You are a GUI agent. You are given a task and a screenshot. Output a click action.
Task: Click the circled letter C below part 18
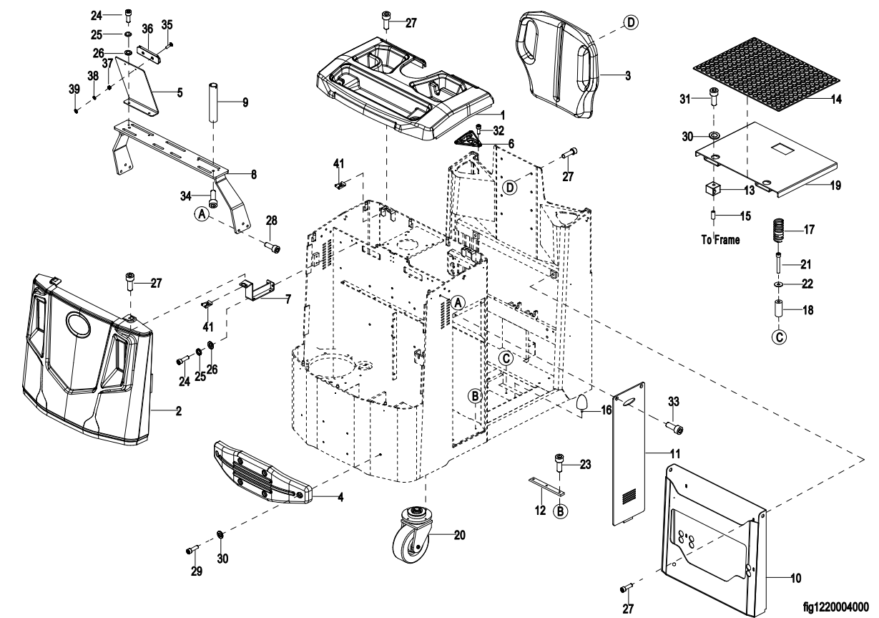click(780, 336)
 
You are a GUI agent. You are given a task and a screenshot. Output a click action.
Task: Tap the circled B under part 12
click(561, 512)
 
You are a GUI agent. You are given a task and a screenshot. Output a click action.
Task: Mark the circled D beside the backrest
click(631, 24)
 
